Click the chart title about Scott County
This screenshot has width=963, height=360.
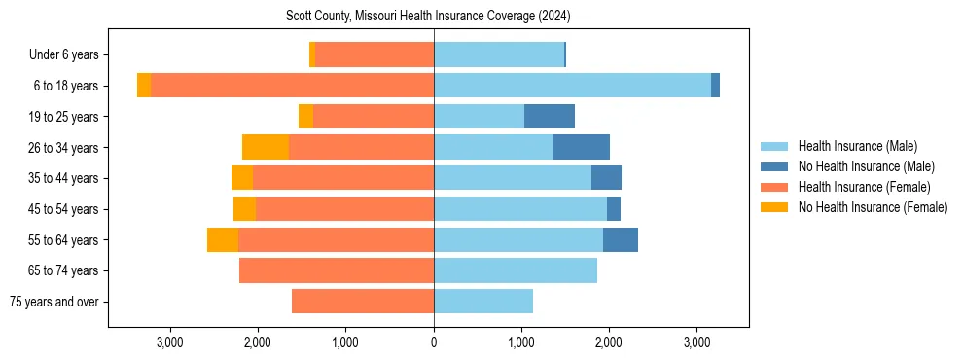[x=428, y=17]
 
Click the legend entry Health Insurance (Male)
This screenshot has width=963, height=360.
[x=857, y=146]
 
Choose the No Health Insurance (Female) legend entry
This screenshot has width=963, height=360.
[x=873, y=207]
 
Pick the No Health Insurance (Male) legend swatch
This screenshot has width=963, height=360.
[x=774, y=166]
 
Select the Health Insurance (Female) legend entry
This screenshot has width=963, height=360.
[x=864, y=187]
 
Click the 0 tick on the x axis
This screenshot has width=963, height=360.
[x=434, y=342]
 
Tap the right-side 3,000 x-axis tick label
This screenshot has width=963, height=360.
[x=696, y=342]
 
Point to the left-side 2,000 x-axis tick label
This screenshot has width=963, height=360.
[x=258, y=342]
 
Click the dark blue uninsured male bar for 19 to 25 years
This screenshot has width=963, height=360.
[x=550, y=117]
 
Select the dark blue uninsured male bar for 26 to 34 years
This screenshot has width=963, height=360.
[x=581, y=148]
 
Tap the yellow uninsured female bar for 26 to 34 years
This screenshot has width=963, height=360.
[x=266, y=148]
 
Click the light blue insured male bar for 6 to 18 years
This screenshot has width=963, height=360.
[x=572, y=86]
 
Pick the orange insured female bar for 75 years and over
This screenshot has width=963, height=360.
[x=363, y=302]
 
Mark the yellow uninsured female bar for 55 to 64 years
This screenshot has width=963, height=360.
[x=223, y=240]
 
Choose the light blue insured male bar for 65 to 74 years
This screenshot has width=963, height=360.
[x=516, y=270]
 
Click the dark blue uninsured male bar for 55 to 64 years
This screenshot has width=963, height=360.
[x=621, y=240]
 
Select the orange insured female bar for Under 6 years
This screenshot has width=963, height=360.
[x=374, y=55]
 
